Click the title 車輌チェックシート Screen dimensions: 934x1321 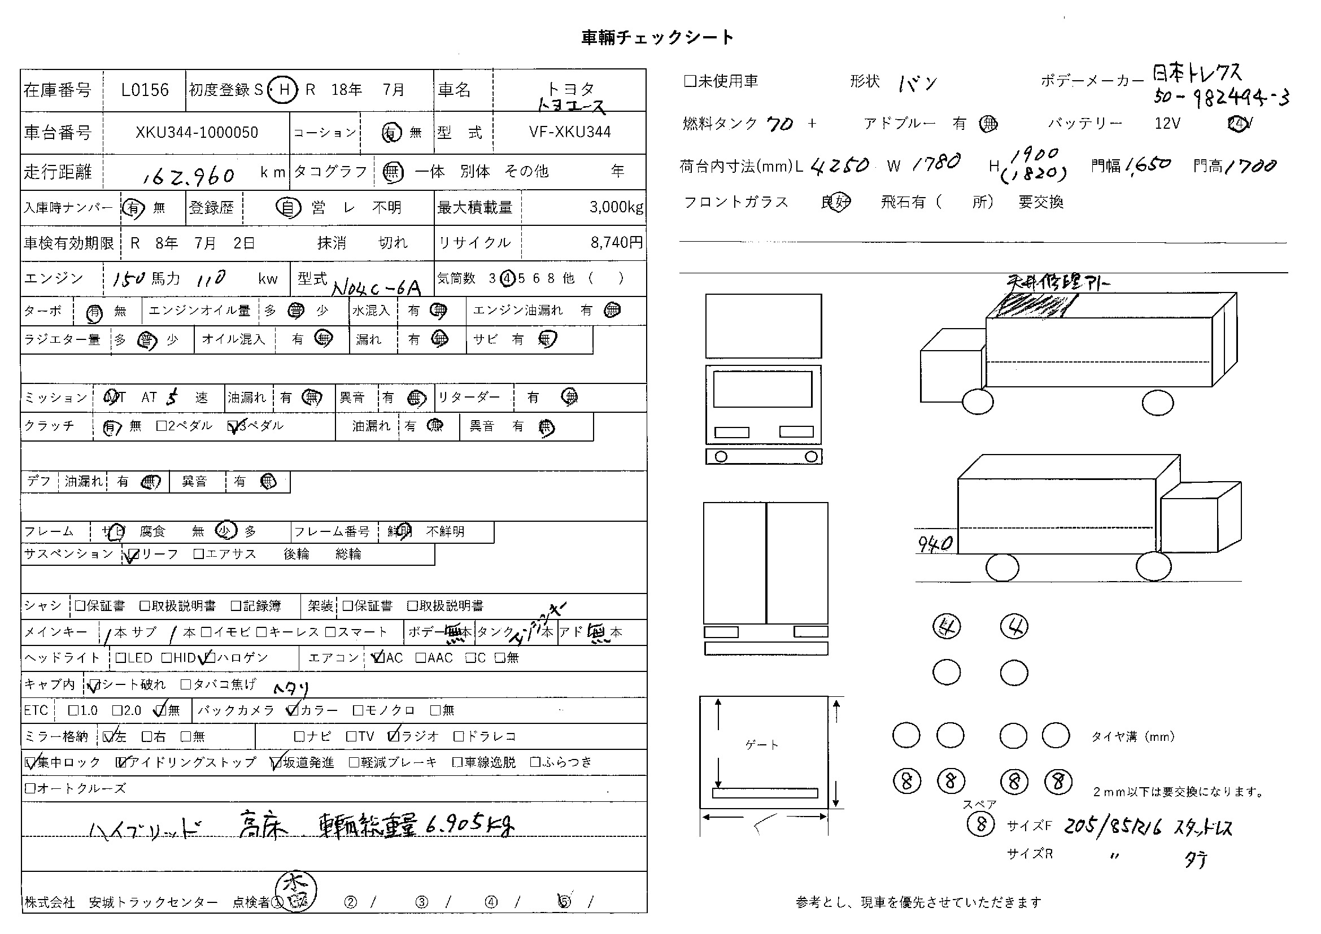click(x=657, y=37)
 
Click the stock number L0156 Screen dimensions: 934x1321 click(x=145, y=90)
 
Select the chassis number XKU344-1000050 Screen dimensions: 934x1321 click(x=197, y=133)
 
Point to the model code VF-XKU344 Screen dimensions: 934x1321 click(x=570, y=132)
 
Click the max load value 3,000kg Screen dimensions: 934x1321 click(x=616, y=208)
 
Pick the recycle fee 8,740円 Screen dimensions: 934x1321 click(x=616, y=243)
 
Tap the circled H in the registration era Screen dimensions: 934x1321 click(x=283, y=90)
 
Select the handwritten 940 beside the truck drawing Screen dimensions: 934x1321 click(x=935, y=543)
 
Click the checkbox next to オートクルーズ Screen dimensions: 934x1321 click(x=30, y=788)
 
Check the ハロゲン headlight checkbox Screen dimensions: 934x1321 click(x=210, y=657)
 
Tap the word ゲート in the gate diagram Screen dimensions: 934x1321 click(x=762, y=745)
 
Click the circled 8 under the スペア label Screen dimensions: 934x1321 click(x=981, y=824)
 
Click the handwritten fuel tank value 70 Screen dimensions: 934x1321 click(x=780, y=124)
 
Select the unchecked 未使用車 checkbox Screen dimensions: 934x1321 click(x=690, y=81)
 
